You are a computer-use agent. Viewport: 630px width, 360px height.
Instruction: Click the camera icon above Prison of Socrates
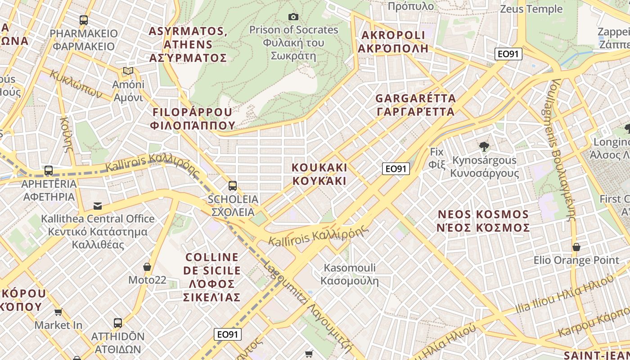(293, 17)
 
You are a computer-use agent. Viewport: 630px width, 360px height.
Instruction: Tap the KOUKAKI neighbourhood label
(319, 174)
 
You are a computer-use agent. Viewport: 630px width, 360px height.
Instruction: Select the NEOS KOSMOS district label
(483, 220)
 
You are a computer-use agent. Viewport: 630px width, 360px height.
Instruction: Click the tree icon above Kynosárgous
(484, 146)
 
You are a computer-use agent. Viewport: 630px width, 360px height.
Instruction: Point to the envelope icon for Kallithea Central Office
(97, 206)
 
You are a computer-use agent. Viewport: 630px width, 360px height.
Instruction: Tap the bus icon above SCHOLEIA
(233, 185)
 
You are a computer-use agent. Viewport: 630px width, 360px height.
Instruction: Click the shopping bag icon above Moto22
(147, 267)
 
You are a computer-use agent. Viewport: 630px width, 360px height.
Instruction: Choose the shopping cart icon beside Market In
(58, 312)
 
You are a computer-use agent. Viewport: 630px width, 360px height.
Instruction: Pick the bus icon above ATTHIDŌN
(117, 323)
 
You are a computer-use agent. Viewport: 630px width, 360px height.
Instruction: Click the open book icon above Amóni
(128, 71)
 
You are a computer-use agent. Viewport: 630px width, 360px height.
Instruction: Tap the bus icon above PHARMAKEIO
(84, 20)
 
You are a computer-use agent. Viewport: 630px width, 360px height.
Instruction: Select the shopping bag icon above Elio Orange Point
(576, 247)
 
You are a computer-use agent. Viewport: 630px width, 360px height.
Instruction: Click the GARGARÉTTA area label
(415, 104)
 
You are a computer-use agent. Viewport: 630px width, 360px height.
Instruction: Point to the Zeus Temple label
(531, 9)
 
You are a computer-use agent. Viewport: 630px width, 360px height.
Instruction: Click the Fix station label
(436, 157)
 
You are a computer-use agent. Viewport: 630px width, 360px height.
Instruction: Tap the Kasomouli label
(350, 274)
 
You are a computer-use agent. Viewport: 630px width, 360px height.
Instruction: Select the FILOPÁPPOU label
(193, 119)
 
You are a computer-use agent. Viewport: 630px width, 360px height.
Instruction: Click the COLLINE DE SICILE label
(212, 277)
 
